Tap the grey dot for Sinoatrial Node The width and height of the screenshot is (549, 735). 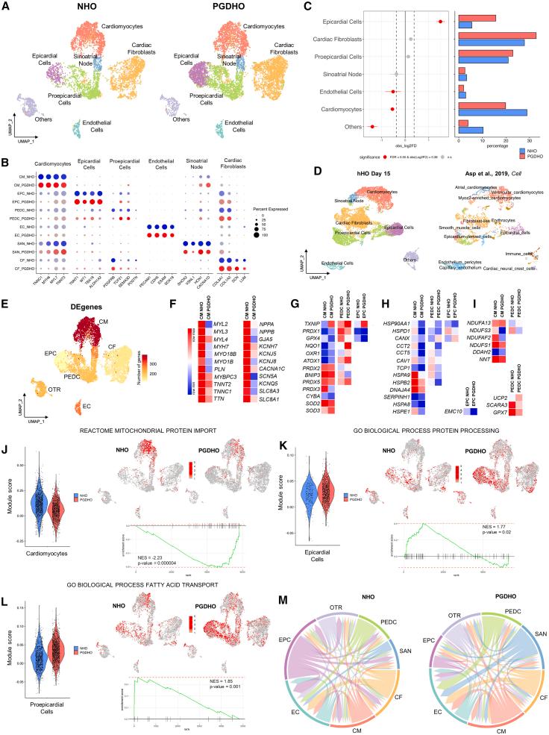click(396, 74)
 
